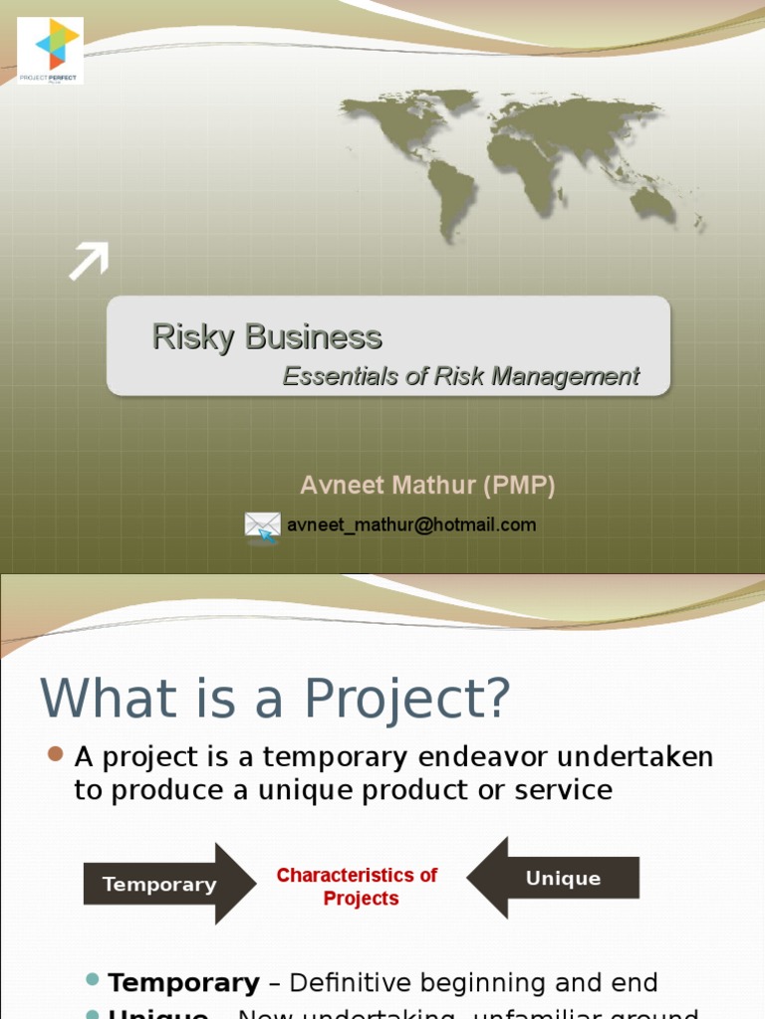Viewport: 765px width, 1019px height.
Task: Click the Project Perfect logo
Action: pyautogui.click(x=51, y=50)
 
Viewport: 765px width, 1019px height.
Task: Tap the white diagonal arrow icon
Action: pyautogui.click(x=88, y=261)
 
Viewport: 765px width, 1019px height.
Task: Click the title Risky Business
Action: pyautogui.click(x=266, y=337)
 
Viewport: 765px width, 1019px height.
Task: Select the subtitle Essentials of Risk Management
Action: pyautogui.click(x=460, y=376)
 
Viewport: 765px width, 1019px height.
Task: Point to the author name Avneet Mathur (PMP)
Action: pyautogui.click(x=427, y=486)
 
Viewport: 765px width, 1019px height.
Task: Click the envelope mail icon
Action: pyautogui.click(x=262, y=525)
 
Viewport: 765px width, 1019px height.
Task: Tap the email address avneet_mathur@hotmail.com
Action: pyautogui.click(x=411, y=524)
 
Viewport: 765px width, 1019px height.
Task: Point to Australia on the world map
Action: pyautogui.click(x=653, y=204)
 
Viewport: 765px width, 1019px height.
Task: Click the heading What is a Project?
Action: pyautogui.click(x=275, y=699)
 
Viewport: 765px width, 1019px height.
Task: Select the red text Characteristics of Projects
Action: pyautogui.click(x=357, y=887)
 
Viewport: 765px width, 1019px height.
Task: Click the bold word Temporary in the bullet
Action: pyautogui.click(x=183, y=983)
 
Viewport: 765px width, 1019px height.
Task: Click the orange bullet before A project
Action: pyautogui.click(x=56, y=754)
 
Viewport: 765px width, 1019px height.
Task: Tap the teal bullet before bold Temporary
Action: pyautogui.click(x=93, y=980)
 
